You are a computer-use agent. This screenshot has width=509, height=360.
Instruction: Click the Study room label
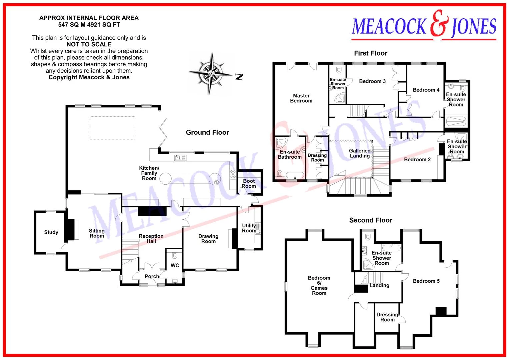(51, 232)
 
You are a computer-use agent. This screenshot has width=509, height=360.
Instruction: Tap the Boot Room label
(249, 184)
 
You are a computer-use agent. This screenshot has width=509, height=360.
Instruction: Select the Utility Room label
(249, 228)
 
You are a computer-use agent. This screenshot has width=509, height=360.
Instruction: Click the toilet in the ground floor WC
(175, 255)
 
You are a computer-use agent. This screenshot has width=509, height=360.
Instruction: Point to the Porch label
(152, 276)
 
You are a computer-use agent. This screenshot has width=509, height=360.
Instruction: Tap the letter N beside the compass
(239, 77)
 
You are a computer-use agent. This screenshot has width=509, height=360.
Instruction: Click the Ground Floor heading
(207, 132)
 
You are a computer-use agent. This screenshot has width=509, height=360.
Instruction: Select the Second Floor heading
(371, 220)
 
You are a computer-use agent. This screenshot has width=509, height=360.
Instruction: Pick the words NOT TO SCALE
(89, 44)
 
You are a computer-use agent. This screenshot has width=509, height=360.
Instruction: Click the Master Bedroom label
(301, 98)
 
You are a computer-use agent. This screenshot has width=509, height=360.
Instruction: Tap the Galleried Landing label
(360, 153)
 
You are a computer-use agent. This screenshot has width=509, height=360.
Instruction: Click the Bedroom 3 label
(372, 81)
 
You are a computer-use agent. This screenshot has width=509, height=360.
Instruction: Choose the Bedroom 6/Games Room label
(319, 285)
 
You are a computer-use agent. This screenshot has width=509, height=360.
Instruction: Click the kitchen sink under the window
(180, 157)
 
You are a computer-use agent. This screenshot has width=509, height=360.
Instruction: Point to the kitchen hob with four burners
(233, 174)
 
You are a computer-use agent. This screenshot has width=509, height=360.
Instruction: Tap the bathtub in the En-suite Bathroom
(295, 175)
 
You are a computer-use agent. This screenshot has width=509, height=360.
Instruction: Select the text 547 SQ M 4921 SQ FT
(89, 25)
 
